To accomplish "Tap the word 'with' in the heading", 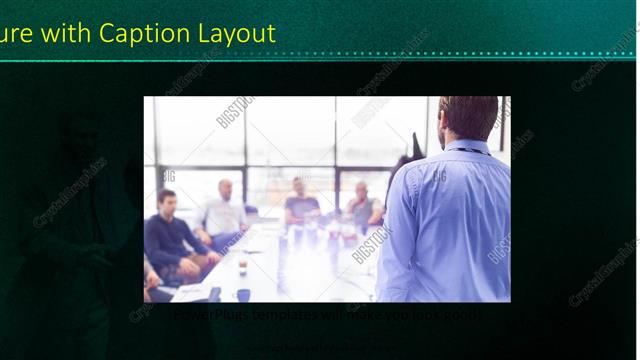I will point(65,33).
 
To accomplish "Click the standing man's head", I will point(468,117).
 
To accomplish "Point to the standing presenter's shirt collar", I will point(470,148).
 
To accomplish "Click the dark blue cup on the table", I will point(243,294).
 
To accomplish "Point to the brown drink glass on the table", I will point(242,265).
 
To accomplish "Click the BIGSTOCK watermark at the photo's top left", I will point(234,111).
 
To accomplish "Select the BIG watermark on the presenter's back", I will point(440,177).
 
